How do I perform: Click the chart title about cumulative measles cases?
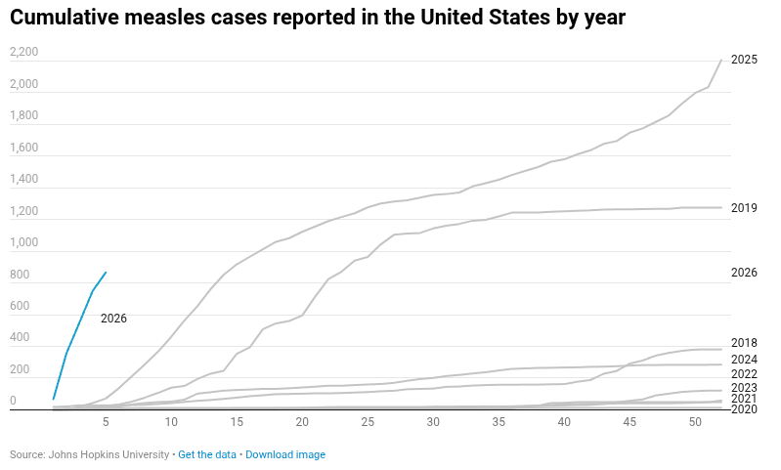tap(318, 18)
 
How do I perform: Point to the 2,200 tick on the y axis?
tap(23, 53)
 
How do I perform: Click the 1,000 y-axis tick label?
tap(23, 243)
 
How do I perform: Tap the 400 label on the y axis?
tap(20, 338)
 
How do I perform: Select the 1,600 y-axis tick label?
tap(23, 149)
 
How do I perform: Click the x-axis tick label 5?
tap(106, 422)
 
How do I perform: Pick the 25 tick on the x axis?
tap(368, 422)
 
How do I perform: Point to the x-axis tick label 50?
tap(695, 422)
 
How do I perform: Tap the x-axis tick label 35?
tap(499, 422)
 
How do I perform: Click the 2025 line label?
tap(744, 60)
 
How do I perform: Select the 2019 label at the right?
tap(744, 208)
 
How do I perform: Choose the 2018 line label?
tap(744, 343)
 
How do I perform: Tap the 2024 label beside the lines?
tap(744, 360)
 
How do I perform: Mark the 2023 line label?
tap(744, 388)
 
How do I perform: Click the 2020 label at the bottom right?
tap(744, 409)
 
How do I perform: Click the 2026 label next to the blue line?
tap(113, 319)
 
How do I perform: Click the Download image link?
tap(285, 454)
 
